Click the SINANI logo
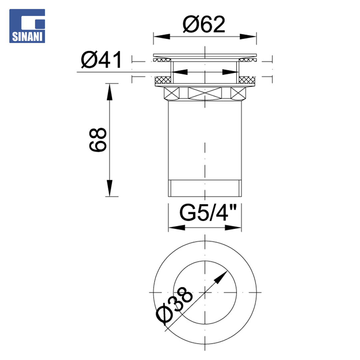point(27,26)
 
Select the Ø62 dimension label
point(204,24)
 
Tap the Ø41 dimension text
point(101,60)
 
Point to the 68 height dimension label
point(98,140)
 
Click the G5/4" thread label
point(208,213)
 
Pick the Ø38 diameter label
point(174,305)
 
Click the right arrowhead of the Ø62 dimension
point(248,37)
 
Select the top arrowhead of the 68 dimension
point(110,92)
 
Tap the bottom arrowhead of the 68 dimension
point(110,188)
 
